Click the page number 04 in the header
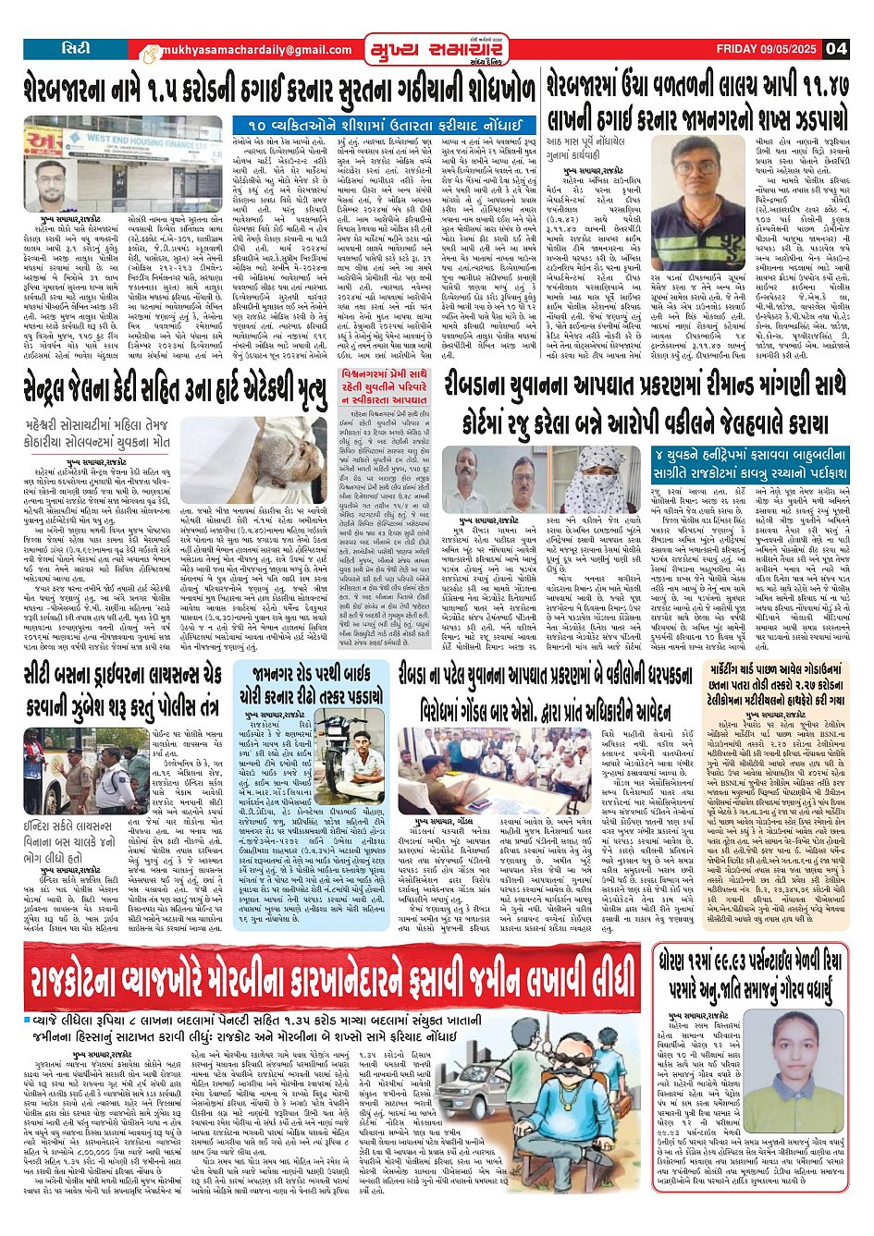click(x=836, y=49)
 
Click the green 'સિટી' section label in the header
click(x=76, y=48)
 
